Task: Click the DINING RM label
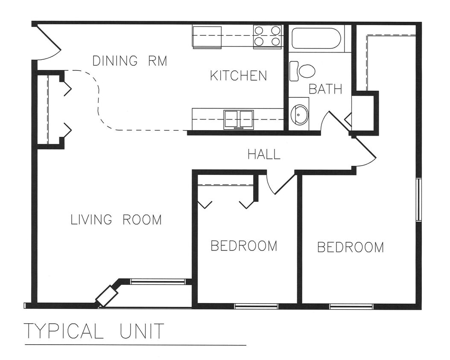pyautogui.click(x=130, y=61)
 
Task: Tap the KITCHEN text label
pyautogui.click(x=238, y=76)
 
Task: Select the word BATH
pyautogui.click(x=325, y=89)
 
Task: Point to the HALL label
pyautogui.click(x=264, y=154)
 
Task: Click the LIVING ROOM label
pyautogui.click(x=116, y=220)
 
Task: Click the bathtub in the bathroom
pyautogui.click(x=316, y=39)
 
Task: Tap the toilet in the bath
pyautogui.click(x=304, y=71)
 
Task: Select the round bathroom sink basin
pyautogui.click(x=299, y=114)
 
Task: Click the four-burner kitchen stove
pyautogui.click(x=268, y=36)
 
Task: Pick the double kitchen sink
pyautogui.click(x=239, y=119)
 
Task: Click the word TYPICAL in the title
pyautogui.click(x=63, y=331)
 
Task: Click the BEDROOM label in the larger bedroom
pyautogui.click(x=350, y=247)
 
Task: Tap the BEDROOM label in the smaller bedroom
pyautogui.click(x=244, y=246)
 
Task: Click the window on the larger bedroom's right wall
pyautogui.click(x=418, y=200)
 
